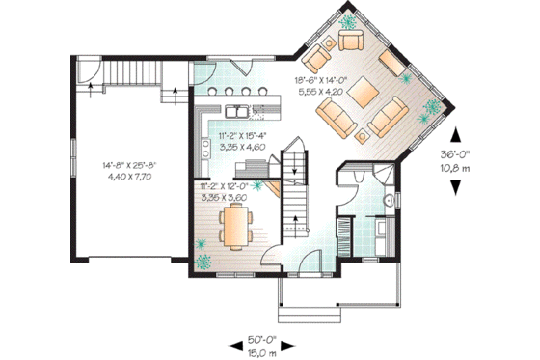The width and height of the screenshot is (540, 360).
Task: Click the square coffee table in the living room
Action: (364, 95)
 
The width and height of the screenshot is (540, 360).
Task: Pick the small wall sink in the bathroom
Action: (390, 200)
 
